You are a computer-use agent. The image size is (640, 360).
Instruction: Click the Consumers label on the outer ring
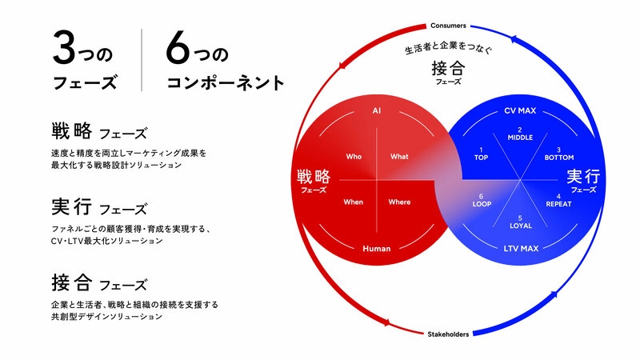[x=448, y=26]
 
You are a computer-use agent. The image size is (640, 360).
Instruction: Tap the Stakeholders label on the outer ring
[x=448, y=334]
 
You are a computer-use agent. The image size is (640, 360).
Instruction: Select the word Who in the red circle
[x=354, y=156]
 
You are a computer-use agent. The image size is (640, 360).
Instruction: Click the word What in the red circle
[x=399, y=156]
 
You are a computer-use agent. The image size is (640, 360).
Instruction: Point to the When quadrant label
[x=353, y=202]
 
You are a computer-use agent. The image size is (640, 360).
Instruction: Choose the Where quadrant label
[x=399, y=202]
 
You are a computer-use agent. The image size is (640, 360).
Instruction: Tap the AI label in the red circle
[x=376, y=110]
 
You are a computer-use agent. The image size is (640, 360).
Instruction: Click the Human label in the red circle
[x=376, y=248]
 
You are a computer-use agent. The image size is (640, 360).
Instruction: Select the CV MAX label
[x=520, y=110]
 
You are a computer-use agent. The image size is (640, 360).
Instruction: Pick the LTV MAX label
[x=521, y=248]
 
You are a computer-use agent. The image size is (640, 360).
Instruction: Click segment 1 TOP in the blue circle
[x=481, y=154]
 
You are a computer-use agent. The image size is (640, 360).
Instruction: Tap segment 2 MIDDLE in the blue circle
[x=520, y=134]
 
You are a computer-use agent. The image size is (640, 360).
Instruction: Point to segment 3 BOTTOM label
[x=558, y=154]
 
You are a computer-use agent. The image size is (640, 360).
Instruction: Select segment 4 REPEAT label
[x=558, y=201]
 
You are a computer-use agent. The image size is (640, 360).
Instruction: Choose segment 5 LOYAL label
[x=521, y=222]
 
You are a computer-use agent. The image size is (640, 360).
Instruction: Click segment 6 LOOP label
[x=482, y=201]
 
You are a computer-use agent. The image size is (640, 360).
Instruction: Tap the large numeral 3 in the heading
[x=65, y=48]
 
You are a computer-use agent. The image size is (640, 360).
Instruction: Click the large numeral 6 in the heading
[x=178, y=48]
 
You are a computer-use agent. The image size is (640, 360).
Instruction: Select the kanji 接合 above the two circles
[x=448, y=68]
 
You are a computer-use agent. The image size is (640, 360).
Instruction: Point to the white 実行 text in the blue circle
[x=583, y=176]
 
